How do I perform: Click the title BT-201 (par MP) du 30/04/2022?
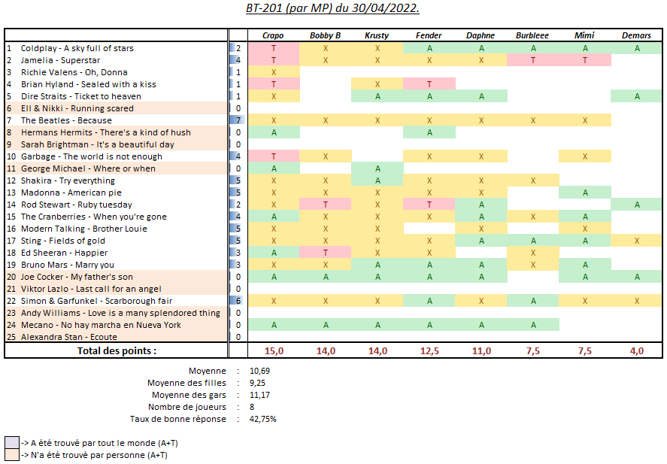[333, 8]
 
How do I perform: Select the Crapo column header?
[273, 35]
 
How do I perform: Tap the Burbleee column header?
[532, 35]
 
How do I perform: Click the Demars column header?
[636, 35]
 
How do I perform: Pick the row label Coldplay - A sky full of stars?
[77, 48]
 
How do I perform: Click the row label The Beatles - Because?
[66, 120]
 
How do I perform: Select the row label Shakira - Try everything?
[68, 180]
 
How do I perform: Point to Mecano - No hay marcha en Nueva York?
[101, 325]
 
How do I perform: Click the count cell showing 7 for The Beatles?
[238, 120]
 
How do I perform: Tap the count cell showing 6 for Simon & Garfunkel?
[238, 301]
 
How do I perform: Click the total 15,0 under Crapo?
[273, 351]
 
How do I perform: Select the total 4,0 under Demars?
[636, 351]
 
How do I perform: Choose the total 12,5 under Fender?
[429, 351]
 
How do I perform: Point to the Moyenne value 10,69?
[260, 371]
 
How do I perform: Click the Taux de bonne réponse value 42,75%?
[263, 419]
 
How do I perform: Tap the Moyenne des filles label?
[186, 383]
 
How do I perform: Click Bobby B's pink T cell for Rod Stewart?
[326, 205]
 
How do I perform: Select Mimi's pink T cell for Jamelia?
[584, 60]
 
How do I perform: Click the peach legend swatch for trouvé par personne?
[11, 455]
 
